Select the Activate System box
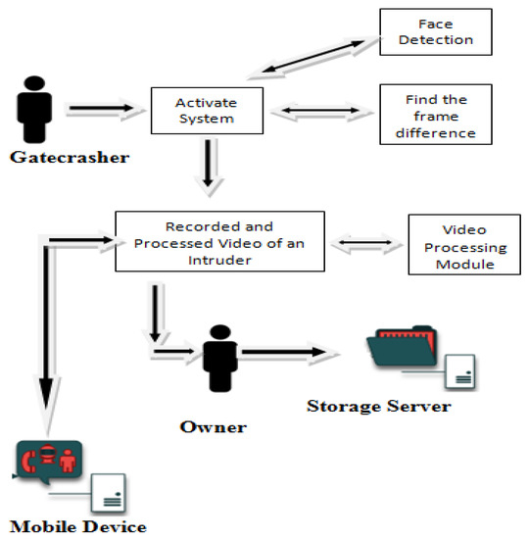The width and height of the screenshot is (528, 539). pyautogui.click(x=207, y=110)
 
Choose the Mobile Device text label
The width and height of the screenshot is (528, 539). pyautogui.click(x=78, y=526)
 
